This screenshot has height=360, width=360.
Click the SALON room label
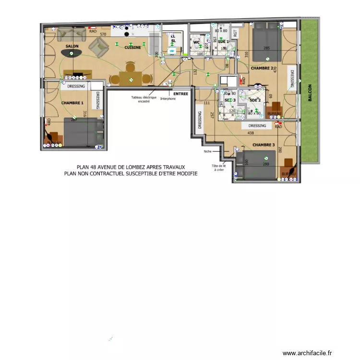coord(72,46)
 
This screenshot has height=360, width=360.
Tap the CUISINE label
coord(132,48)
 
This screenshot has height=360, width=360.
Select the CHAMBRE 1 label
coord(72,103)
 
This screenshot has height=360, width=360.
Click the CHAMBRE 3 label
coord(264,144)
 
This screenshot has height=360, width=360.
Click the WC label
coord(196,42)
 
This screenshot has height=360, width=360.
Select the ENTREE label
coord(180,94)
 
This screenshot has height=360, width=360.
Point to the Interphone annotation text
coord(168,99)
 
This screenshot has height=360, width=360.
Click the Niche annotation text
coord(207,152)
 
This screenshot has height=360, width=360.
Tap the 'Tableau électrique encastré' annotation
coord(144,99)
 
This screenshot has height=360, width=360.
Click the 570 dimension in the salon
coord(103,35)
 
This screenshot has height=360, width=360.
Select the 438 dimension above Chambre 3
coord(250,133)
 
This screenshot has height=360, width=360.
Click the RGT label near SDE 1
coord(235,33)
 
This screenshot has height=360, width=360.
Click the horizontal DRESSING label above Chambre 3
coord(257,126)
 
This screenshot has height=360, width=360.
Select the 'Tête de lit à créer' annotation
coord(218,168)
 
